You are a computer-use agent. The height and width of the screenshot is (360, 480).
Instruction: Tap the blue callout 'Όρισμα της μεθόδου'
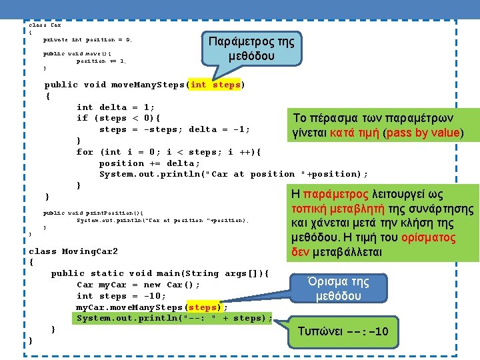point(339,288)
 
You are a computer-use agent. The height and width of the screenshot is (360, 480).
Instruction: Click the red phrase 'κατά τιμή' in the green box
point(350,133)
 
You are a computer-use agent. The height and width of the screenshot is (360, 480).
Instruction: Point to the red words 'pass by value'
point(425,133)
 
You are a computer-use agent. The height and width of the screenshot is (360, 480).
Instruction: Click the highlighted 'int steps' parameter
point(216,85)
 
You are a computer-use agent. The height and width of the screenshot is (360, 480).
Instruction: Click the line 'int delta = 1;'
point(116,107)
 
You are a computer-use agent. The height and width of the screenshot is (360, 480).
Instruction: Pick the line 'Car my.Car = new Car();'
point(138,285)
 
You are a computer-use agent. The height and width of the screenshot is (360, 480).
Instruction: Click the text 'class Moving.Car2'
point(73,251)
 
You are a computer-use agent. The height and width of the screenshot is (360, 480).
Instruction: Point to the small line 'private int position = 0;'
point(87,40)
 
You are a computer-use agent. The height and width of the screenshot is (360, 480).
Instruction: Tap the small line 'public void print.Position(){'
point(93,213)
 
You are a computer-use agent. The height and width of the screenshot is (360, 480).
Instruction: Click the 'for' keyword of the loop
point(85,152)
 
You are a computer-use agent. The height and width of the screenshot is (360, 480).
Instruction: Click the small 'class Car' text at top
point(45,25)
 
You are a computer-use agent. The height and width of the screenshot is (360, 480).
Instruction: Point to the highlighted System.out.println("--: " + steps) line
point(174,319)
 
